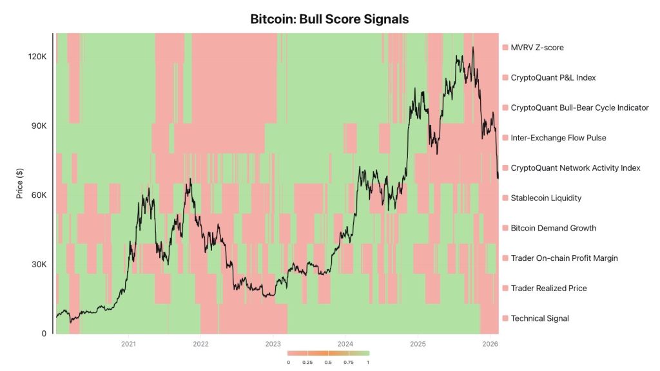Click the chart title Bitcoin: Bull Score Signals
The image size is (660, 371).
click(329, 19)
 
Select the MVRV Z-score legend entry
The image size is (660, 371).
click(537, 48)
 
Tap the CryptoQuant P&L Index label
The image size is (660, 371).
click(553, 78)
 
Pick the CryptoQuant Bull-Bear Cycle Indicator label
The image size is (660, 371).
click(579, 108)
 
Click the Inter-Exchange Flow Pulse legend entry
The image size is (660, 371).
click(558, 138)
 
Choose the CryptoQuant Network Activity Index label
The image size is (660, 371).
click(575, 168)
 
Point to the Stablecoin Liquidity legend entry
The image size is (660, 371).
click(546, 198)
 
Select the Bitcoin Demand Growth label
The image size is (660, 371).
click(553, 228)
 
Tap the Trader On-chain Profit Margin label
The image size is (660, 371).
click(564, 258)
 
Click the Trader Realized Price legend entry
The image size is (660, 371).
click(548, 288)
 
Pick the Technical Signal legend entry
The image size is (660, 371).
click(539, 318)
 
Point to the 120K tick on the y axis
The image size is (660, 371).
click(36, 57)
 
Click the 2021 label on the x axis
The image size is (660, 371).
click(128, 345)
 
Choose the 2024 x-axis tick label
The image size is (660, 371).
click(345, 345)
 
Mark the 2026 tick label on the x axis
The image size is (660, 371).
click(490, 345)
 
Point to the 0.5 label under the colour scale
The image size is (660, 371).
click(328, 363)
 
